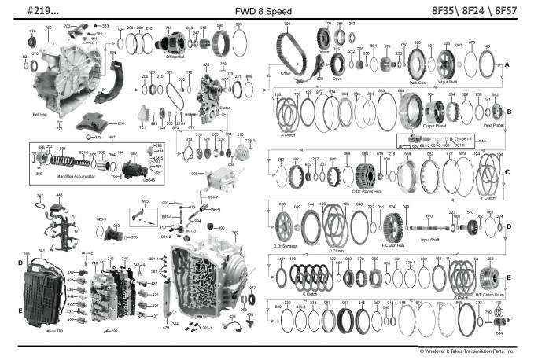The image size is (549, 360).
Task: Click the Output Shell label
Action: pyautogui.click(x=448, y=81)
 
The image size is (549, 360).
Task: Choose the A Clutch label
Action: pyautogui.click(x=287, y=134)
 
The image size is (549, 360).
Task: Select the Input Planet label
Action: pyautogui.click(x=493, y=125)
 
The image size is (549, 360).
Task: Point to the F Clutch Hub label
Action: pyautogui.click(x=394, y=246)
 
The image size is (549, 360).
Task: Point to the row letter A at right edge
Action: pyautogui.click(x=508, y=63)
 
